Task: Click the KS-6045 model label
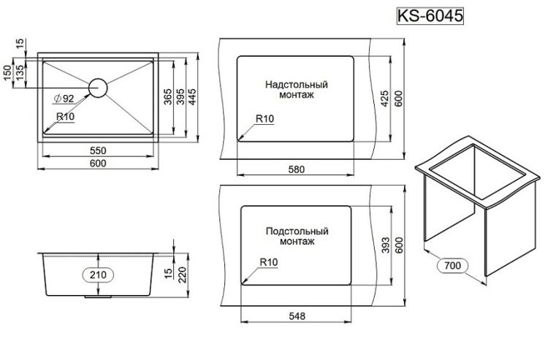coord(430,16)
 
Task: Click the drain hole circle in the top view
coord(98,87)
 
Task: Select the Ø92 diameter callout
coord(64,99)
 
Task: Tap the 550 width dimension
coord(98,150)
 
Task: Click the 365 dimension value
coord(167,98)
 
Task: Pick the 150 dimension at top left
coord(7,74)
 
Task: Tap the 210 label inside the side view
coord(98,275)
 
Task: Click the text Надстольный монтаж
coord(297,90)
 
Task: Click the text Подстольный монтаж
coord(297,236)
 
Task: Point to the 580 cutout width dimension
coord(296,169)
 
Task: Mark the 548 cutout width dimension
coord(296,315)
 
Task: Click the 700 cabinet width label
coord(452,266)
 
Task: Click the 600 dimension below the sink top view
coord(98,163)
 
